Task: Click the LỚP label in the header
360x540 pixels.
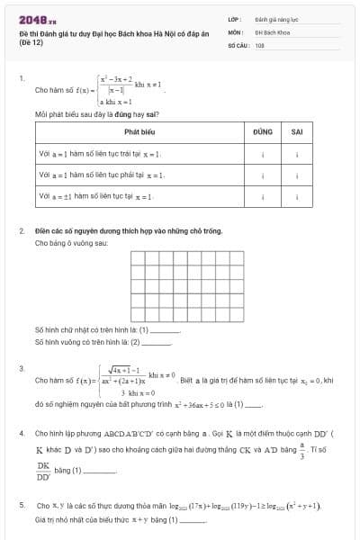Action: (x=234, y=18)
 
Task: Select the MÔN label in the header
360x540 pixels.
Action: (x=234, y=31)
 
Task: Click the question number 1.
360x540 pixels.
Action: (x=21, y=79)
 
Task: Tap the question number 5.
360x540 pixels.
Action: (x=21, y=506)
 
